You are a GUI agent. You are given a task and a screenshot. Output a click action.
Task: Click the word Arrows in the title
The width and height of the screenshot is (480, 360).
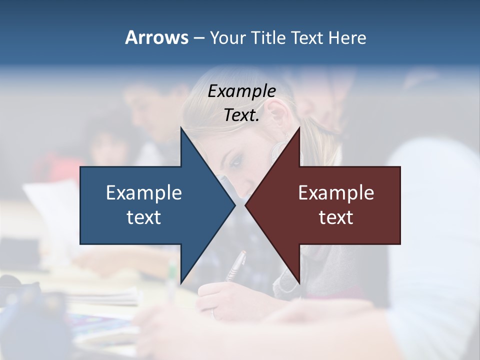click(156, 37)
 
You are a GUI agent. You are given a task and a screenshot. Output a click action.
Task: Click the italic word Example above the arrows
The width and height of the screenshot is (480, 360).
click(242, 91)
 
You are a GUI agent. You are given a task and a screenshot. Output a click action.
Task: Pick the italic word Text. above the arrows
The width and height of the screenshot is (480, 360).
click(242, 115)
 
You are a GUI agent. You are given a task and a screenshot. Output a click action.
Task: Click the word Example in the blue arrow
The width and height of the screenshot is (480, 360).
click(144, 192)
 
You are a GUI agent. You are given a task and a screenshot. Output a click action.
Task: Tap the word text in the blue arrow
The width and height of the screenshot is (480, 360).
click(144, 217)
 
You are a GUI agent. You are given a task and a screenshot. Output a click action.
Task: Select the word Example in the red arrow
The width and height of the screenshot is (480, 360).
click(336, 192)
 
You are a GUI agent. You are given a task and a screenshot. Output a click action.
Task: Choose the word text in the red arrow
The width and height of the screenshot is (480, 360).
click(336, 217)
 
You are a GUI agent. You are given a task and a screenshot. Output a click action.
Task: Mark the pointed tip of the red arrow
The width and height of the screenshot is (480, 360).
click(246, 205)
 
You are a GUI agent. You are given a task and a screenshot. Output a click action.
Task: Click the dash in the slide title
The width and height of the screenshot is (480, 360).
click(198, 38)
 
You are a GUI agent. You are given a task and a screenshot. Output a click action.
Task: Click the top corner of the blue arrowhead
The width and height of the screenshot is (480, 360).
click(181, 128)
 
